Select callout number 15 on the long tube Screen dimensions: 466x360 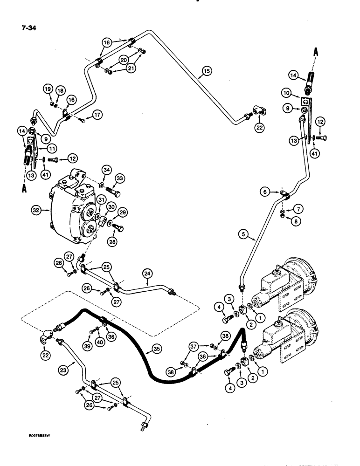[x=206, y=71]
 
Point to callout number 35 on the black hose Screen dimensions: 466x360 [x=158, y=348]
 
